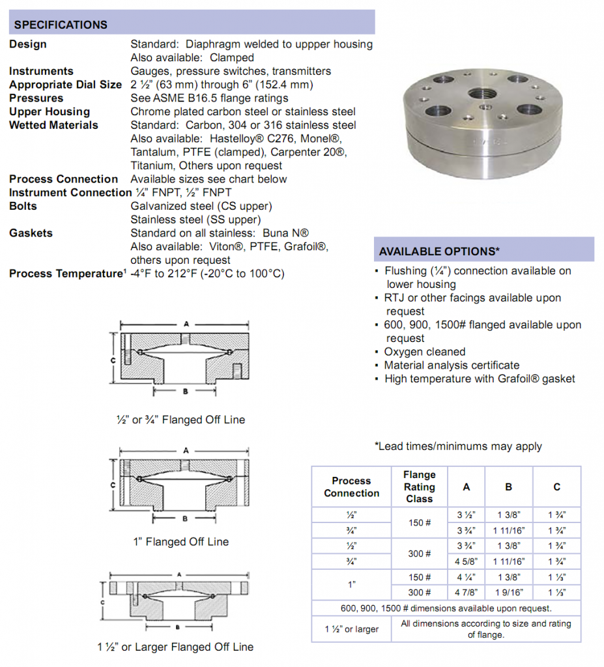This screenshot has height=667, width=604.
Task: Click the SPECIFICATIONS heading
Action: click(x=61, y=25)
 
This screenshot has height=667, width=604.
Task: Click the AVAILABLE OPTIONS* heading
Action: click(x=439, y=251)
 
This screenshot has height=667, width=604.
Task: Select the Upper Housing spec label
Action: click(x=49, y=111)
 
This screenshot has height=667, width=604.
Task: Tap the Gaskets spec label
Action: click(x=31, y=233)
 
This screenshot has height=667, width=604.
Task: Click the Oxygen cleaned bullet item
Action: click(x=424, y=352)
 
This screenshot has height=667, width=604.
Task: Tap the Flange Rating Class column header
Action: click(x=419, y=487)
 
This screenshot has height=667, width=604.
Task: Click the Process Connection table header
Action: click(x=351, y=487)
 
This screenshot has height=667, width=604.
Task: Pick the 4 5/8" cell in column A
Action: click(x=466, y=561)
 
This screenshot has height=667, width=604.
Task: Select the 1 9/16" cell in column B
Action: click(x=508, y=593)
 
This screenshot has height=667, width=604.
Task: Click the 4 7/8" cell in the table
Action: click(x=466, y=593)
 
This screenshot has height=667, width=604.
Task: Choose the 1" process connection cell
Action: click(x=351, y=585)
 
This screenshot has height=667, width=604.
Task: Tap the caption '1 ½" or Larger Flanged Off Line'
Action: click(x=175, y=647)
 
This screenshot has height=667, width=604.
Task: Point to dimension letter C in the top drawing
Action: click(x=113, y=360)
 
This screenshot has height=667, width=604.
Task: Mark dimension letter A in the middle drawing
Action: click(x=186, y=450)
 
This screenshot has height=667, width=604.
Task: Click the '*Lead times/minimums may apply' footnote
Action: click(x=458, y=446)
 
